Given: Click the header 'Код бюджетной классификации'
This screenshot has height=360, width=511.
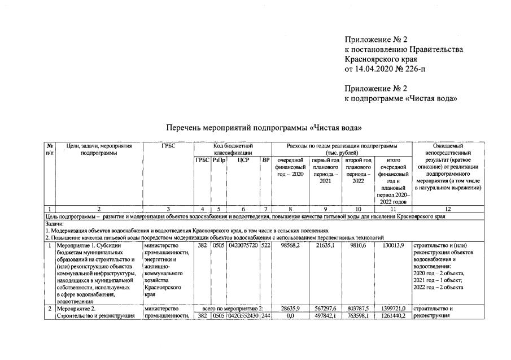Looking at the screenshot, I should tap(233, 150).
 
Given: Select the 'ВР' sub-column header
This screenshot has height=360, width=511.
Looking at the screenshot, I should tap(265, 161).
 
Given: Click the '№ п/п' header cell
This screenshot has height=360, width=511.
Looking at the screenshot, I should tap(50, 150).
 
